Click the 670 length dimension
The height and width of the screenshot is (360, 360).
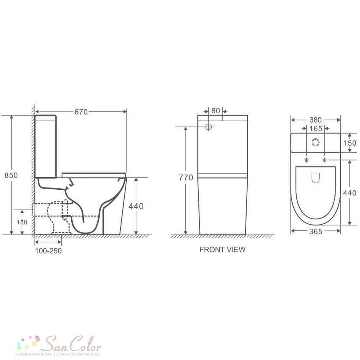pyautogui.click(x=81, y=112)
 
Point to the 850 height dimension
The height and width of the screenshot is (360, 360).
pyautogui.click(x=11, y=175)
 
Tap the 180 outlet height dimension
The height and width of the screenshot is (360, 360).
pyautogui.click(x=22, y=222)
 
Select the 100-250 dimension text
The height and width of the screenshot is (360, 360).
pyautogui.click(x=48, y=251)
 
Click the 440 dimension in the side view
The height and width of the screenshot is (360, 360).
pyautogui.click(x=136, y=206)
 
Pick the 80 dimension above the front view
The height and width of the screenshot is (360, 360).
pyautogui.click(x=216, y=111)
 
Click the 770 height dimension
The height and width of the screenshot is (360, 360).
pyautogui.click(x=186, y=177)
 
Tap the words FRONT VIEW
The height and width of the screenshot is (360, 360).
pyautogui.click(x=222, y=249)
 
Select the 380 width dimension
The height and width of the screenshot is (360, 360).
pyautogui.click(x=315, y=120)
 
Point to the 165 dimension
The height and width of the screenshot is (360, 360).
pyautogui.click(x=316, y=129)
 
